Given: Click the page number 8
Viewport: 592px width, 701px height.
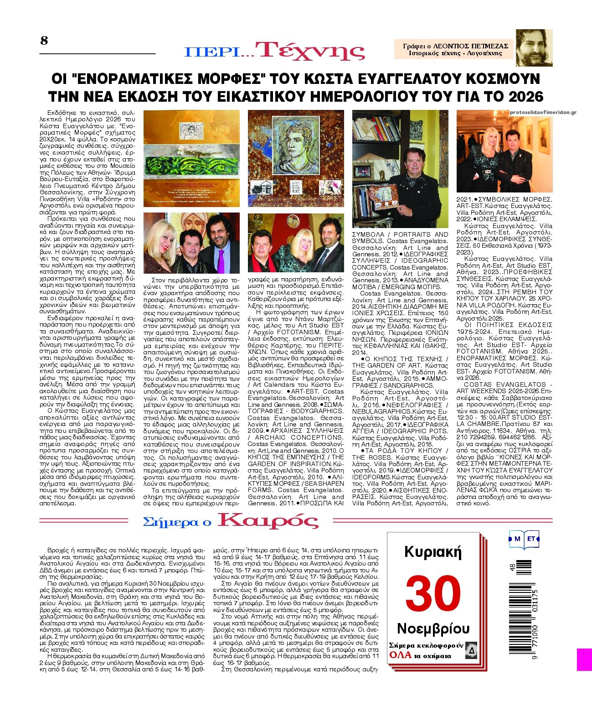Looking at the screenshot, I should coord(44,41).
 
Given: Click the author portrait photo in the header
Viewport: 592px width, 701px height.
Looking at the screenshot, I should coord(534,47).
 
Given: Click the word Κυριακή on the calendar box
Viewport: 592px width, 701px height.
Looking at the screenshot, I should coord(433,552).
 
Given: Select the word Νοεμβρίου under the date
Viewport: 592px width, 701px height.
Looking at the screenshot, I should coord(433,628).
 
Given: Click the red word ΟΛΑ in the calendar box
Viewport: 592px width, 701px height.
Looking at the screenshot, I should coord(400,655).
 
